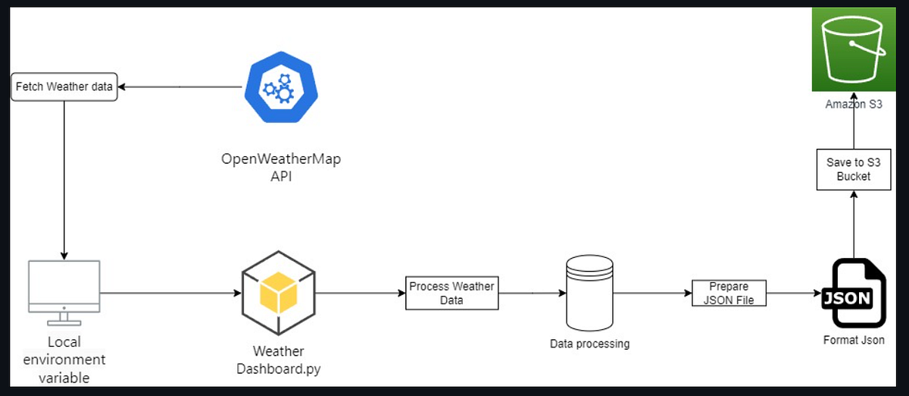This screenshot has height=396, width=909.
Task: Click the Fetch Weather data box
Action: (x=64, y=87)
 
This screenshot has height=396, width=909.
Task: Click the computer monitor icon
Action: (x=64, y=288)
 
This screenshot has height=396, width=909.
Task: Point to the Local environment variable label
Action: (x=65, y=359)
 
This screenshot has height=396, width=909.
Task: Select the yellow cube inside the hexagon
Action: (x=278, y=292)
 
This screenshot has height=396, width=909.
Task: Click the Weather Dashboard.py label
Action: (x=278, y=360)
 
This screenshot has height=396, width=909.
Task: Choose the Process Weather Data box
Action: (x=452, y=293)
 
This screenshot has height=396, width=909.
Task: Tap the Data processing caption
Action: (x=589, y=344)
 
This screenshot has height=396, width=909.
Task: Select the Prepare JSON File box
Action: (x=729, y=293)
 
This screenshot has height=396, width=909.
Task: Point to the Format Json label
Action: (x=854, y=340)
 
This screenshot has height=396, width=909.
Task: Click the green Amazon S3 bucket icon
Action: (x=854, y=49)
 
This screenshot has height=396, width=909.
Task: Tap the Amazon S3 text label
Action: (x=854, y=105)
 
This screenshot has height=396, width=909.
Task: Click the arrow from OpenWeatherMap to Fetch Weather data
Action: (x=182, y=87)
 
